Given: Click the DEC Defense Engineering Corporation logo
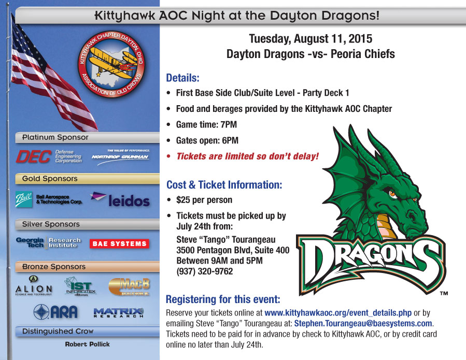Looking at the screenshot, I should pyautogui.click(x=49, y=156).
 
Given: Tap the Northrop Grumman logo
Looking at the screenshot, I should pyautogui.click(x=120, y=156).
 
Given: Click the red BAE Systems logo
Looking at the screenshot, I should pyautogui.click(x=119, y=243).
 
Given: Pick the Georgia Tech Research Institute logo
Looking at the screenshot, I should pyautogui.click(x=49, y=242).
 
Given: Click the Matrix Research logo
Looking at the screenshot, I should pyautogui.click(x=118, y=312).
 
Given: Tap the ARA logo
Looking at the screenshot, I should pyautogui.click(x=55, y=312).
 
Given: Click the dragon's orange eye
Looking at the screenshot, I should pyautogui.click(x=392, y=194).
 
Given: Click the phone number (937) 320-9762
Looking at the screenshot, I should pyautogui.click(x=205, y=271).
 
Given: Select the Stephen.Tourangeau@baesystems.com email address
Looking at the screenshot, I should pyautogui.click(x=363, y=324).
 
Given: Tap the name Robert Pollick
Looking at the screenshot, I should pyautogui.click(x=87, y=344).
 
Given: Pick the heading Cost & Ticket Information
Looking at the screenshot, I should pyautogui.click(x=224, y=184).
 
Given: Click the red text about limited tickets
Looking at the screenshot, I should pyautogui.click(x=247, y=156).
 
